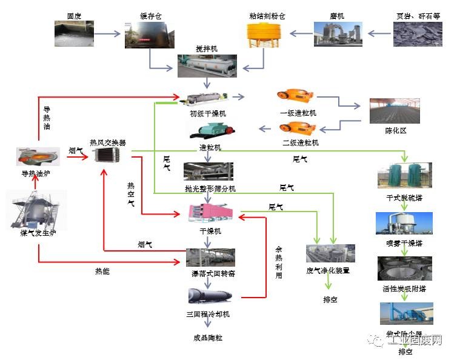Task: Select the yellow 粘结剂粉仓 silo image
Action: (262, 34)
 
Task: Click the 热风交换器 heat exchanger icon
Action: (108, 156)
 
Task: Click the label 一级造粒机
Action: (298, 113)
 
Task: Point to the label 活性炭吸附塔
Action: (405, 289)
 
